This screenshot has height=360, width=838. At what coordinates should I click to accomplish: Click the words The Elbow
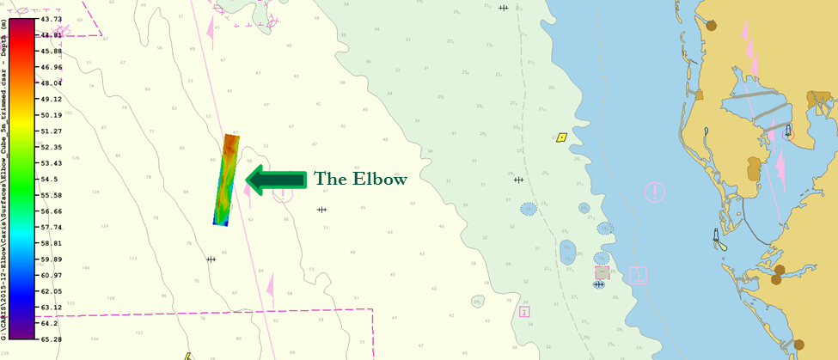[359, 180]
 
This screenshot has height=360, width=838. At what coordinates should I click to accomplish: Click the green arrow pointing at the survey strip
[276, 179]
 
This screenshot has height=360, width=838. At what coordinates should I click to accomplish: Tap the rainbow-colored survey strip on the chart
[228, 180]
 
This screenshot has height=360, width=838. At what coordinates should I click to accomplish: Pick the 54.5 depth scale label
[50, 180]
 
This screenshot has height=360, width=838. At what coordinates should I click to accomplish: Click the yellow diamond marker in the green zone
[561, 137]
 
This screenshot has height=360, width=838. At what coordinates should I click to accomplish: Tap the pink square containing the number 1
[638, 275]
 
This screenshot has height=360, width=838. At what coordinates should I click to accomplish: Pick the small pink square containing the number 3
[524, 312]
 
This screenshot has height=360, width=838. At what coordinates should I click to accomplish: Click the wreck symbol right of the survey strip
[322, 210]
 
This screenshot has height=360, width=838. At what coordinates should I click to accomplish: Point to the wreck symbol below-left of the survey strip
[211, 259]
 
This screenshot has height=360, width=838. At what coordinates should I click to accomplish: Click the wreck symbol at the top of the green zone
[503, 8]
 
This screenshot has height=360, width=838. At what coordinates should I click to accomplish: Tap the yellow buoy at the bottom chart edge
[187, 356]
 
